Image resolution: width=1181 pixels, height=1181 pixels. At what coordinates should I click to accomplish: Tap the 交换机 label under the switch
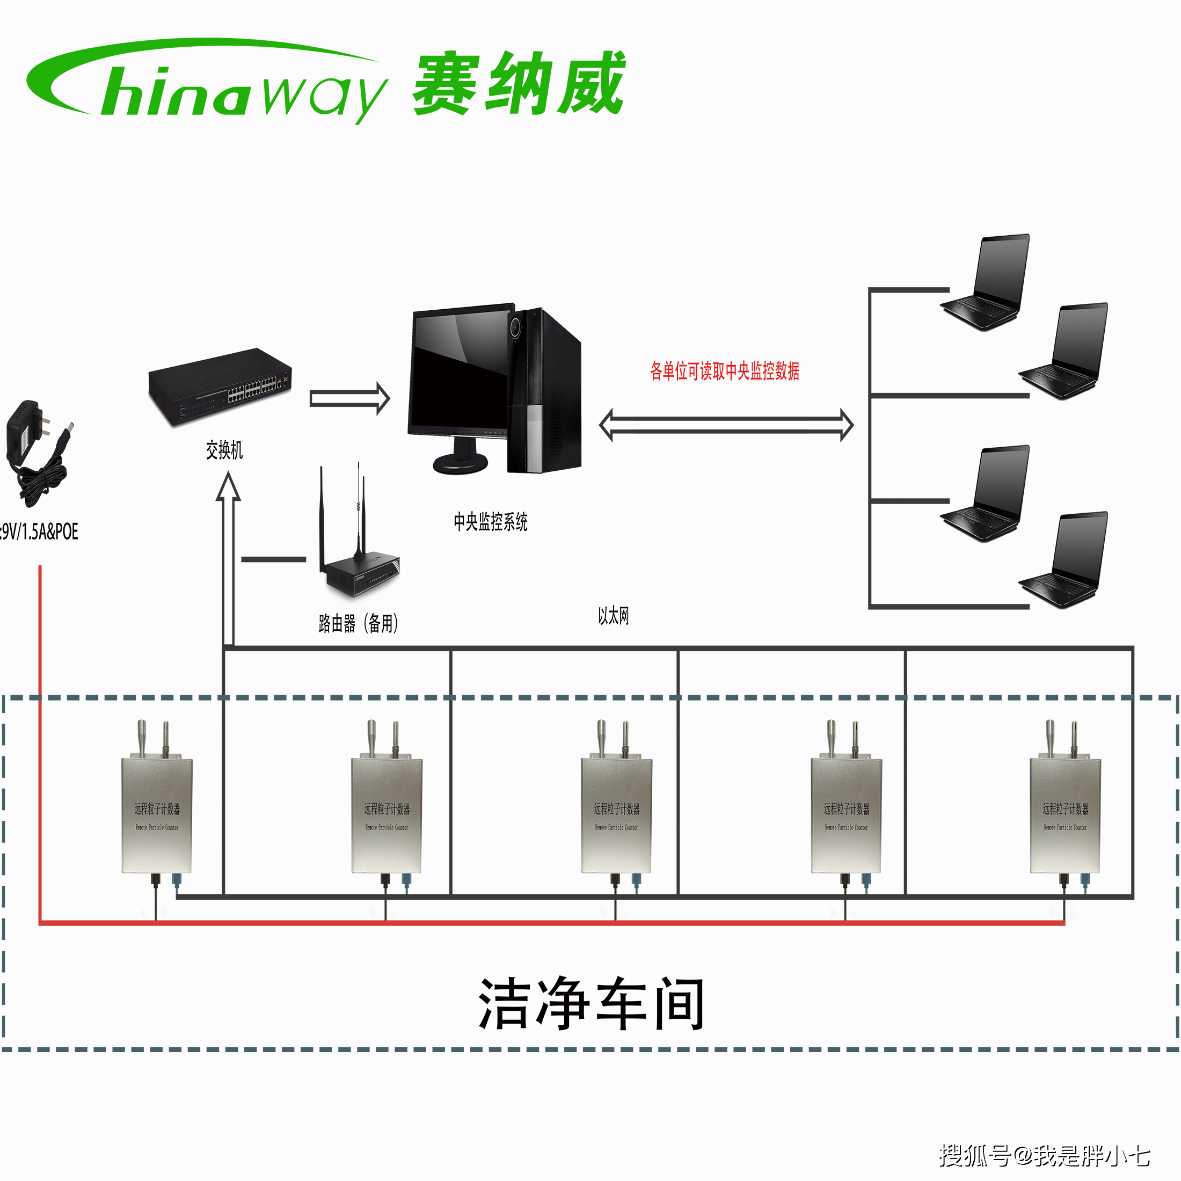pyautogui.click(x=224, y=450)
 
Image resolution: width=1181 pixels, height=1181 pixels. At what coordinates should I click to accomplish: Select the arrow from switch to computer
pyautogui.click(x=349, y=398)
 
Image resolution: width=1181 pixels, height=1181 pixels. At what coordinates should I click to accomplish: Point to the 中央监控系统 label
pyautogui.click(x=490, y=521)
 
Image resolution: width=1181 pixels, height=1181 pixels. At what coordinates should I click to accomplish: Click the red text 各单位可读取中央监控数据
pyautogui.click(x=724, y=370)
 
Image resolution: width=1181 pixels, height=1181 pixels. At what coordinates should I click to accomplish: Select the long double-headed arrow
pyautogui.click(x=726, y=425)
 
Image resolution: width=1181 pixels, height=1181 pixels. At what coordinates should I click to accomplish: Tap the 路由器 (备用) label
pyautogui.click(x=358, y=623)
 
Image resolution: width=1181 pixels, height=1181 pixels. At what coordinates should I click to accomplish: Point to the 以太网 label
pyautogui.click(x=613, y=616)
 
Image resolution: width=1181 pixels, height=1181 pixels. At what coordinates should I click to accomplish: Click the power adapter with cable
pyautogui.click(x=37, y=453)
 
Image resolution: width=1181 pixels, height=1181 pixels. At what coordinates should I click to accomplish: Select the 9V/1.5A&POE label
pyautogui.click(x=39, y=531)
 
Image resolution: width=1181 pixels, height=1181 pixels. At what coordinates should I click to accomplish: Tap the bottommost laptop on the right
pyautogui.click(x=1065, y=559)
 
